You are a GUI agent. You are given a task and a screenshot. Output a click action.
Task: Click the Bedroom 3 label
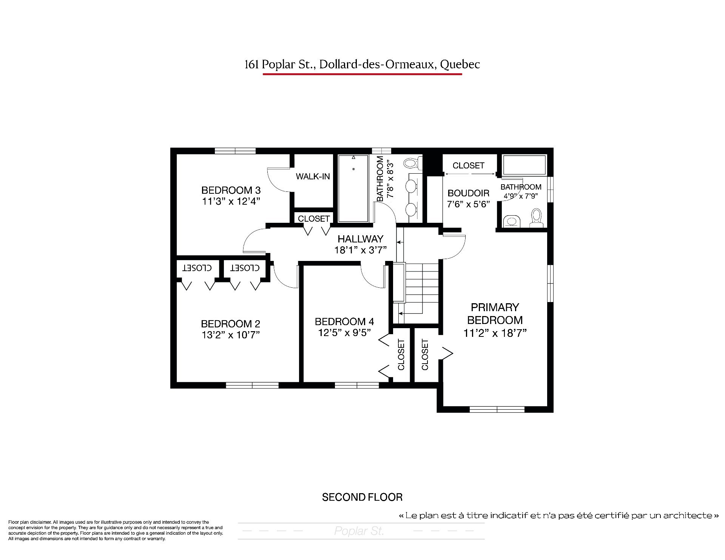click(x=231, y=190)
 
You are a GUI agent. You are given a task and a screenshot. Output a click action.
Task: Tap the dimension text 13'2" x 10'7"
click(x=231, y=335)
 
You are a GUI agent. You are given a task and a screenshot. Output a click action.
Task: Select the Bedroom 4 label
click(x=344, y=322)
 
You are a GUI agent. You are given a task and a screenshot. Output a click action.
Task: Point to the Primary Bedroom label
click(x=495, y=314)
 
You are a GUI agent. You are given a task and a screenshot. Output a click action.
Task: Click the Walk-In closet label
click(x=313, y=176)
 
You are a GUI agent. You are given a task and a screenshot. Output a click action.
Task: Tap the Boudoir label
click(x=469, y=193)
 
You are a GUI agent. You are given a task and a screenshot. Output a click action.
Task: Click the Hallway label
click(x=361, y=239)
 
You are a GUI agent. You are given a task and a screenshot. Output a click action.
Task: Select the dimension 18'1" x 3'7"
click(x=361, y=250)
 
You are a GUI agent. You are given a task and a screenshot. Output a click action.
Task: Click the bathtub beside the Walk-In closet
click(x=353, y=188)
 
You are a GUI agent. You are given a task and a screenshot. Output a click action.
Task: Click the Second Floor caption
click(x=362, y=497)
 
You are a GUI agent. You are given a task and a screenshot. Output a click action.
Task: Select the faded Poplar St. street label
click(x=359, y=531)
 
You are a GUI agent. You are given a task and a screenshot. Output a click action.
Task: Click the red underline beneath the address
click(x=362, y=74)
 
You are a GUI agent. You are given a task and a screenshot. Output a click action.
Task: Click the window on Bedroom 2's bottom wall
click(x=252, y=385)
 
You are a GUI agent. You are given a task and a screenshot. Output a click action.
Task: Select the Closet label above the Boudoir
click(x=468, y=165)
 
